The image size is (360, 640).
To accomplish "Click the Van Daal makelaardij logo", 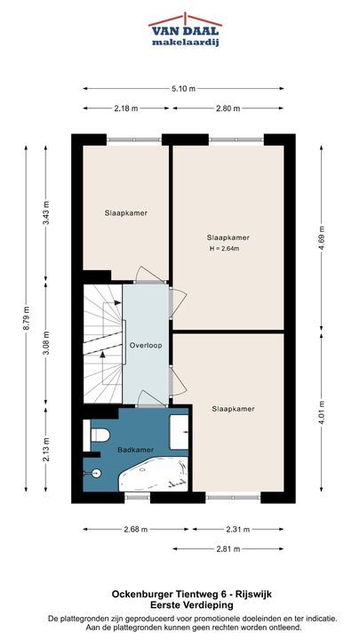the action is click(x=185, y=29).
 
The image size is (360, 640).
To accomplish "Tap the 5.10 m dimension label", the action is click(x=183, y=89).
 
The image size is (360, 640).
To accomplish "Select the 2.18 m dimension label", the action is click(x=125, y=108).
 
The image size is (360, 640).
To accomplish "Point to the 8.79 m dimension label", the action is click(x=26, y=318).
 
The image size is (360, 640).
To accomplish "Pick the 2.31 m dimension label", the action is click(x=238, y=530).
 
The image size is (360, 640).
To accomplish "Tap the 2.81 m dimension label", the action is click(x=228, y=549).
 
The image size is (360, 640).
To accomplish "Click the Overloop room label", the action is click(x=146, y=345).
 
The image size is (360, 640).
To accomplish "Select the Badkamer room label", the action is click(x=135, y=450).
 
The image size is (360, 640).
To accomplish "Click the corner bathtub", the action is click(x=153, y=475).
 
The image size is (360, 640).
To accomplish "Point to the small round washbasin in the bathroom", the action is click(x=95, y=473).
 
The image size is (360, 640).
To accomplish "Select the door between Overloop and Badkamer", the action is click(x=150, y=399).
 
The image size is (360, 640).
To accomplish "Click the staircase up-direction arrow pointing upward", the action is click(x=102, y=368).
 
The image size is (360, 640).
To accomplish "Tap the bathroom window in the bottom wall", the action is click(x=138, y=497).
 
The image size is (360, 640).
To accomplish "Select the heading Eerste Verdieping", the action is click(x=192, y=605).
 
